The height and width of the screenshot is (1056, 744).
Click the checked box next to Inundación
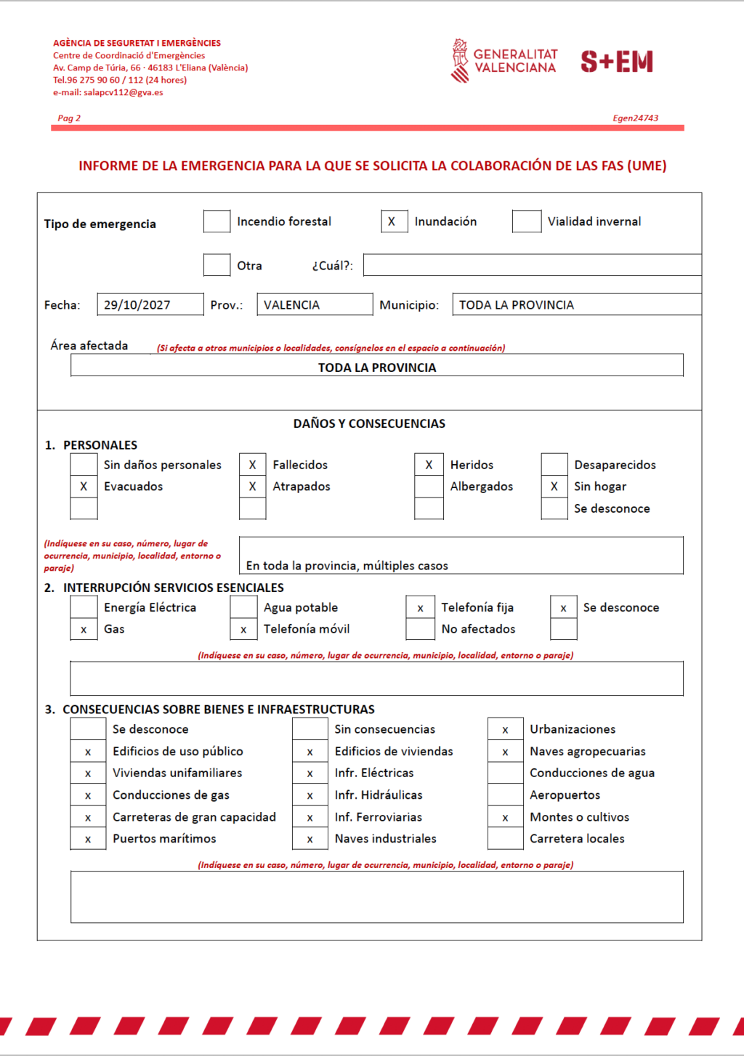[x=394, y=222]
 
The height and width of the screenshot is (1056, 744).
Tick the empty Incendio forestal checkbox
[x=217, y=222]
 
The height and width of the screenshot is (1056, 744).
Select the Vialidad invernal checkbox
[x=526, y=222]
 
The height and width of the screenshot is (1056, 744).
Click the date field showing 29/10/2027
[x=150, y=305]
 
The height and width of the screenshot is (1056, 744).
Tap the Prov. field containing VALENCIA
[x=314, y=305]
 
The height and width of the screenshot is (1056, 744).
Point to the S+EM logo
[x=617, y=62]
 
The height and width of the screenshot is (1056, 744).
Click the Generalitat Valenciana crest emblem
[x=460, y=61]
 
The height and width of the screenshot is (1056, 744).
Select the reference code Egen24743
[x=635, y=118]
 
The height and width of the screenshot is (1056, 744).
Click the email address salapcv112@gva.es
[x=123, y=92]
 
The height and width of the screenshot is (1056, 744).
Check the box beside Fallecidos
[x=252, y=465]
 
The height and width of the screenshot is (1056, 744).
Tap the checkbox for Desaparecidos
[x=554, y=465]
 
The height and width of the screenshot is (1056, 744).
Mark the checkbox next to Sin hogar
[x=554, y=487]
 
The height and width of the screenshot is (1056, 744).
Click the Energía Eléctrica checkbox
[x=84, y=607]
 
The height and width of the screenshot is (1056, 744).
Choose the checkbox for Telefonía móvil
[x=243, y=629]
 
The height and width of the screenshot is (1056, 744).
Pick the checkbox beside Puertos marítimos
[x=88, y=839]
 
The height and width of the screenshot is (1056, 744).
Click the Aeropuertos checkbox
[x=505, y=795]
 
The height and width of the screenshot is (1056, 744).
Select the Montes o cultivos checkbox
[x=505, y=817]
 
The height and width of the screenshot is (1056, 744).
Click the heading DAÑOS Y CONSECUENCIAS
[x=369, y=423]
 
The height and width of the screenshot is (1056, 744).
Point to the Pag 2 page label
[x=69, y=118]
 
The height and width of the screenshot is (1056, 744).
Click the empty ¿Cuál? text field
[x=532, y=265]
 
